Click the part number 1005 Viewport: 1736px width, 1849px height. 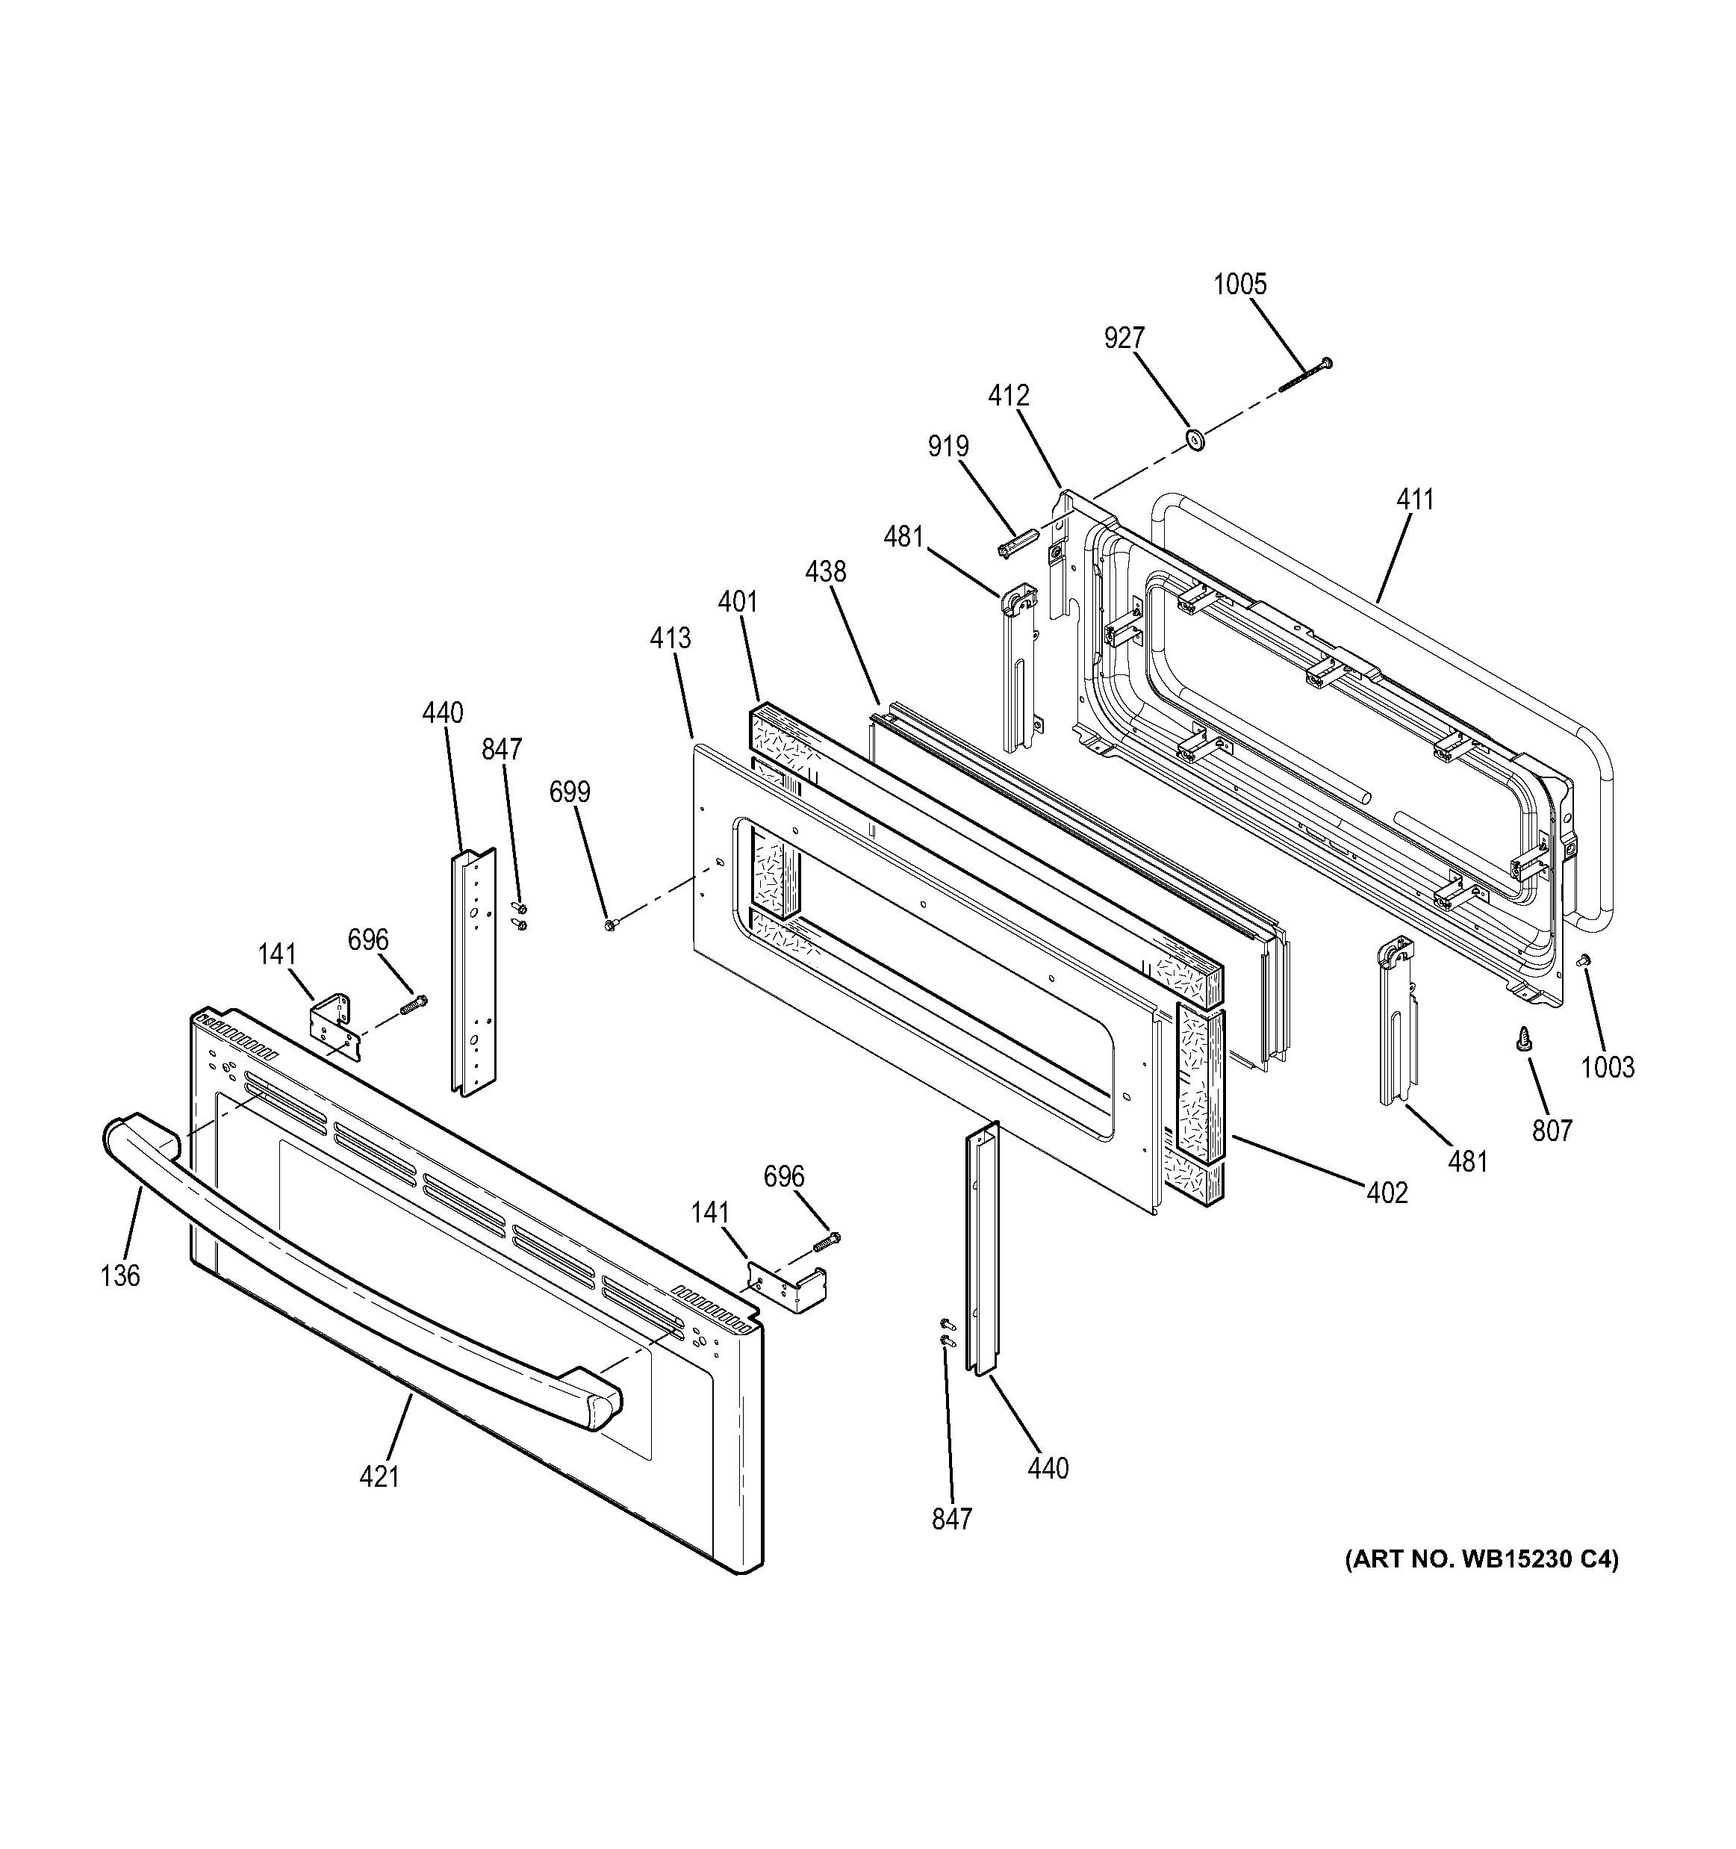pyautogui.click(x=1239, y=285)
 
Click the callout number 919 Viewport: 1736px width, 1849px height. pyautogui.click(x=948, y=447)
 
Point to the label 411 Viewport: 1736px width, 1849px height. pyautogui.click(x=1414, y=500)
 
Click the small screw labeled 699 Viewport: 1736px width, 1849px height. pyautogui.click(x=610, y=924)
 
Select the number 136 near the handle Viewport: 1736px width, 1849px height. pyautogui.click(x=121, y=1275)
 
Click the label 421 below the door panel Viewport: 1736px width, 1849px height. pyautogui.click(x=379, y=1476)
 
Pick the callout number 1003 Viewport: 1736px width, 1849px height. pyautogui.click(x=1608, y=1067)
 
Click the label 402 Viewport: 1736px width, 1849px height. pyautogui.click(x=1387, y=1193)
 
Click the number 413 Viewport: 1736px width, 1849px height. pyautogui.click(x=671, y=638)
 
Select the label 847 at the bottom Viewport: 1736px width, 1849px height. pyautogui.click(x=952, y=1519)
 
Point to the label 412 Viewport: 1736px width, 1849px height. pyautogui.click(x=1009, y=397)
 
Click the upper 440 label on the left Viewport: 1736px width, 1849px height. pyautogui.click(x=443, y=712)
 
